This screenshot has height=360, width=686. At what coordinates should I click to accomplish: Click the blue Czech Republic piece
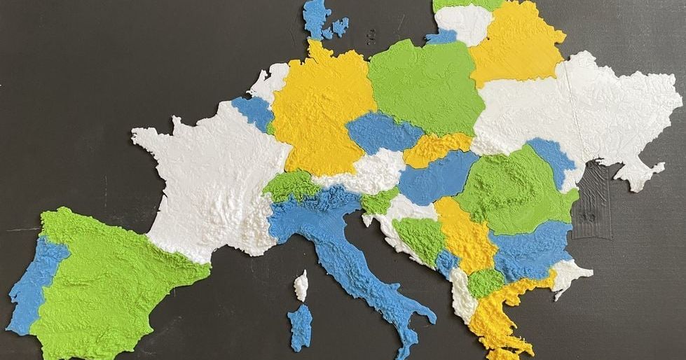tap(382, 133)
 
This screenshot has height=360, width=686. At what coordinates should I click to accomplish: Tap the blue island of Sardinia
tap(300, 326)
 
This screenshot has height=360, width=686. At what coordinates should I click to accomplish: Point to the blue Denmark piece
tap(316, 18)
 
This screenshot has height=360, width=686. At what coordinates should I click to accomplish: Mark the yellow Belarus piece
tap(515, 46)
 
